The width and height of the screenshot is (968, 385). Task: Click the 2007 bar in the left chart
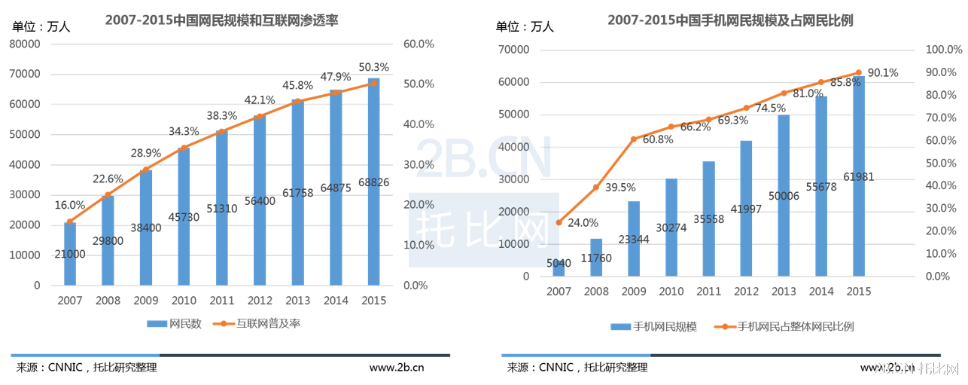[x=70, y=254]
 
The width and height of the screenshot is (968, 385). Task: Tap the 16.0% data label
[x=69, y=205]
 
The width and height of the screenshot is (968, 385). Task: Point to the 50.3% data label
[x=373, y=67]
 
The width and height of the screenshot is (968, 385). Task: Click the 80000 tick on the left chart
[x=25, y=44]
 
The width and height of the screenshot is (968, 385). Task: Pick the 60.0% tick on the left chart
[x=419, y=44]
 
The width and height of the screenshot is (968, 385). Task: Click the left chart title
[x=221, y=21]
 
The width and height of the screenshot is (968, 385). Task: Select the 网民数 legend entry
[x=175, y=324]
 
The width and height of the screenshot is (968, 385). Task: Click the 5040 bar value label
[x=559, y=263]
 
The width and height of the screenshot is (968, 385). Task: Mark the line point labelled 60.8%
[x=634, y=139]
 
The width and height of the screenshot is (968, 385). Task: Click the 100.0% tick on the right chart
[x=943, y=50]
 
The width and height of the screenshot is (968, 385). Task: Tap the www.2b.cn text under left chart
[x=396, y=368]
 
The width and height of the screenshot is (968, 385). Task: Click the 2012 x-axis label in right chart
[x=746, y=292]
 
